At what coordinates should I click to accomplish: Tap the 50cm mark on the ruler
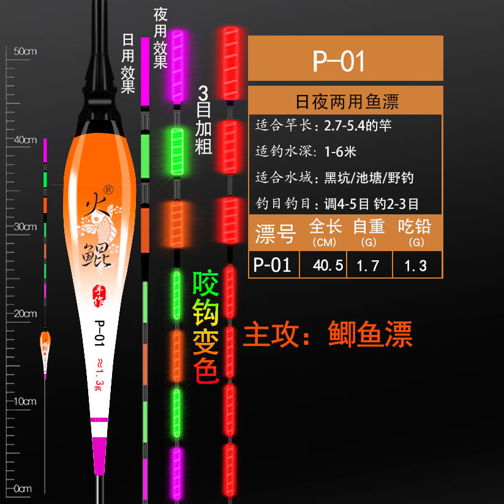pyautogui.click(x=25, y=51)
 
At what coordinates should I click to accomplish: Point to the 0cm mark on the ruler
pyautogui.click(x=23, y=489)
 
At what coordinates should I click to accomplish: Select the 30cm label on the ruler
pyautogui.click(x=25, y=227)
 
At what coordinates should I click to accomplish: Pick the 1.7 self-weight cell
pyautogui.click(x=369, y=266)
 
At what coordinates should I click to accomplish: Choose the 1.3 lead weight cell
pyautogui.click(x=415, y=266)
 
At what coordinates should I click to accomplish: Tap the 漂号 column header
pyautogui.click(x=275, y=233)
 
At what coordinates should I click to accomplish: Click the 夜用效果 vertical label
pyautogui.click(x=160, y=38)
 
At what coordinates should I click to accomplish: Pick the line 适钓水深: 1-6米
pyautogui.click(x=306, y=151)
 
